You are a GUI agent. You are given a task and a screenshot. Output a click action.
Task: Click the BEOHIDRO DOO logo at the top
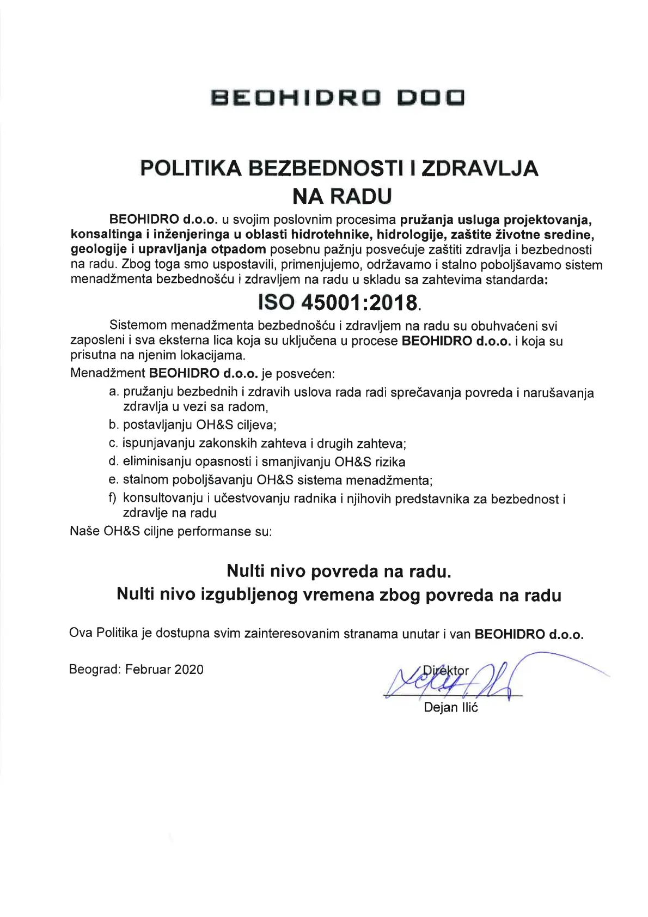point(338,98)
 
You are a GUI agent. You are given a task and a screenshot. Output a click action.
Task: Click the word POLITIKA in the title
point(191,168)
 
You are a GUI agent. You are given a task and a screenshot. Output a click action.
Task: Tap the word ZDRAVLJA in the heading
point(480,168)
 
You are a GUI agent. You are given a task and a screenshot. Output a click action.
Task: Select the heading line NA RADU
point(342,196)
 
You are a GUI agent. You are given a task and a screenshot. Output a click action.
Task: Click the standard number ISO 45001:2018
point(338,302)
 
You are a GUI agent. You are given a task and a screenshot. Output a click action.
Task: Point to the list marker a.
point(114,392)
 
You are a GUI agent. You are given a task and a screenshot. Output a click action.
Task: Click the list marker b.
point(114,424)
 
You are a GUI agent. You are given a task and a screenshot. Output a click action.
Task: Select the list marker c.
point(113,443)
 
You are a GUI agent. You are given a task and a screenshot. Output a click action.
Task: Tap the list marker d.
point(114,461)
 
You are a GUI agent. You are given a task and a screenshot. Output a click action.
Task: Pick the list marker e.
point(114,480)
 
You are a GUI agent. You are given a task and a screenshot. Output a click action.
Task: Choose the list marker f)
point(113,499)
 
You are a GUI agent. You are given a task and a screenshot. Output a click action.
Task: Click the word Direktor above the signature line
point(446,671)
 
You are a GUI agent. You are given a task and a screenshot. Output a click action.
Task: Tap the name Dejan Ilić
point(451,708)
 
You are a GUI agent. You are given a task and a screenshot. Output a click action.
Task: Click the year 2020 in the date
point(189,670)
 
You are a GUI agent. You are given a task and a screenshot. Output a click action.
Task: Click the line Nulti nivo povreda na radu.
point(339,571)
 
